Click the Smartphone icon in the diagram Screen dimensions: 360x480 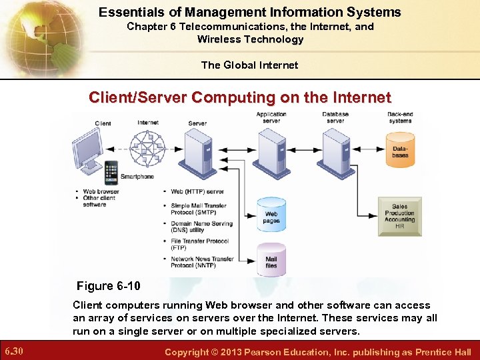point(111,172)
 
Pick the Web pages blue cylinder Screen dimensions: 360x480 point(271,214)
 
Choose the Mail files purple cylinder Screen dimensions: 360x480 point(271,259)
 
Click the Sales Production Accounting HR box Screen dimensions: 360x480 point(399,216)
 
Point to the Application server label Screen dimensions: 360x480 point(272,117)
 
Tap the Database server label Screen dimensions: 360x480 point(335,117)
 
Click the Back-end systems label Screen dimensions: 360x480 point(400,117)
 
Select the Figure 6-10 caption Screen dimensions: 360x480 point(109,286)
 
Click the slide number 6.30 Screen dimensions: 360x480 point(14,351)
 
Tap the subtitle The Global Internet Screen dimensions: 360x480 point(250,65)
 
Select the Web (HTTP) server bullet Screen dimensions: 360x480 point(197,191)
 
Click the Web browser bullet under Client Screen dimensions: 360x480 point(101,192)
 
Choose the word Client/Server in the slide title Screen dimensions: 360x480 point(138,98)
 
